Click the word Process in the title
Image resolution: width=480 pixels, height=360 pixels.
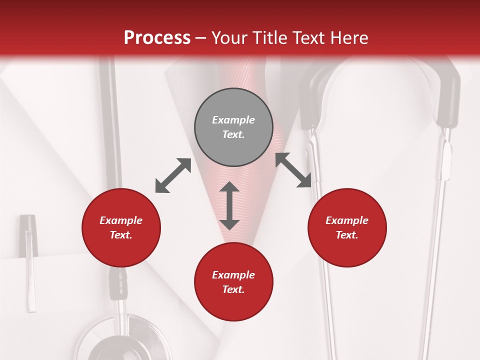coord(157,38)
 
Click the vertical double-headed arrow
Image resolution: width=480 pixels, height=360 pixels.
coord(229,205)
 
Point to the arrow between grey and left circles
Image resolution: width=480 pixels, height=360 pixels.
coord(173,175)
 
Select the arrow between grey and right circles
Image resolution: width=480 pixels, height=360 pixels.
coord(293,170)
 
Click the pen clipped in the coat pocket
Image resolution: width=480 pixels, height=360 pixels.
coord(29,260)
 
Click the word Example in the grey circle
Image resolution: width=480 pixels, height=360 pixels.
coord(233,120)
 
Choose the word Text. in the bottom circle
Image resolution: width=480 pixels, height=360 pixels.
coord(233,289)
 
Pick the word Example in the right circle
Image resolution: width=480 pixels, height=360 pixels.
coord(347,220)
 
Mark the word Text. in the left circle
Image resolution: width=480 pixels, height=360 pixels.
coord(121,235)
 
